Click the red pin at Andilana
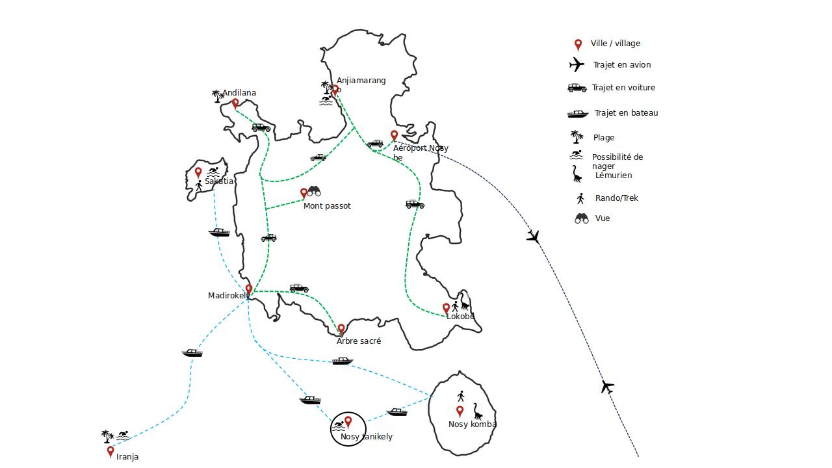[235, 103]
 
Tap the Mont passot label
[327, 206]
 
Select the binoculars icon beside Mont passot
[314, 191]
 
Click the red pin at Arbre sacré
[341, 329]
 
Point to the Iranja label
[127, 457]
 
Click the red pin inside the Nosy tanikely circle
[348, 422]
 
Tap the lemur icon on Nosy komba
[478, 411]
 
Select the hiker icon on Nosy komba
[461, 396]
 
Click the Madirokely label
[228, 296]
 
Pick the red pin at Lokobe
[446, 308]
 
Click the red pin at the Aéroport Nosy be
[394, 136]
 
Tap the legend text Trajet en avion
[622, 65]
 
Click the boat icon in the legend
[578, 114]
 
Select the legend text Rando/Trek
[617, 198]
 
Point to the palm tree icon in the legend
[577, 137]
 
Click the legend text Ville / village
[616, 44]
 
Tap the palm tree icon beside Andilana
[218, 96]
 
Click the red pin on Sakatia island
[198, 173]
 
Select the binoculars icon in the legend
[582, 218]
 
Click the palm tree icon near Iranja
[107, 436]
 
